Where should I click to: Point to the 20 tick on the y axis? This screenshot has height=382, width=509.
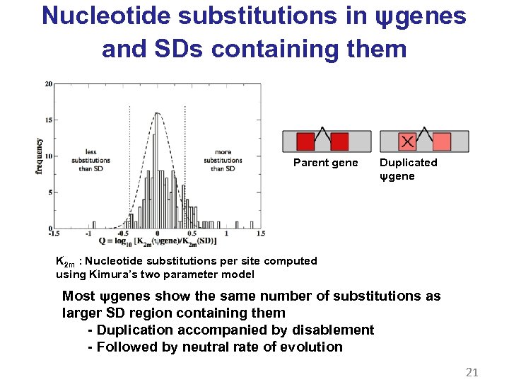(x=48, y=84)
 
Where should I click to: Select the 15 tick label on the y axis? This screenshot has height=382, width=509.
(x=48, y=120)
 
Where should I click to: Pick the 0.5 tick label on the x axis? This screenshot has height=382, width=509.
(x=192, y=233)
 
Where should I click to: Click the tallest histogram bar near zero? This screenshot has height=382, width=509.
(x=156, y=170)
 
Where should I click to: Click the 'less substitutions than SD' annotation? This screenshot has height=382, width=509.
(x=90, y=160)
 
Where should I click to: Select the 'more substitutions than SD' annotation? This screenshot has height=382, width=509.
(x=223, y=160)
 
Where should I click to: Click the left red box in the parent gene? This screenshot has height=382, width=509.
(x=305, y=141)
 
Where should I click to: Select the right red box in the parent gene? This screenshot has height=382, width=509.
(x=339, y=141)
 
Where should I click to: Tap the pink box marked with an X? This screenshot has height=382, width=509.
(x=407, y=141)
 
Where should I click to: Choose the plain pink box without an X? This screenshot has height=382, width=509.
(x=442, y=141)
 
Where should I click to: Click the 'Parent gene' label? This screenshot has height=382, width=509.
(x=325, y=163)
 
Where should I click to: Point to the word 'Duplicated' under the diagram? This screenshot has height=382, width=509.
(x=409, y=163)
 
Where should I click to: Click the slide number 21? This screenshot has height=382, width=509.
(x=472, y=371)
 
